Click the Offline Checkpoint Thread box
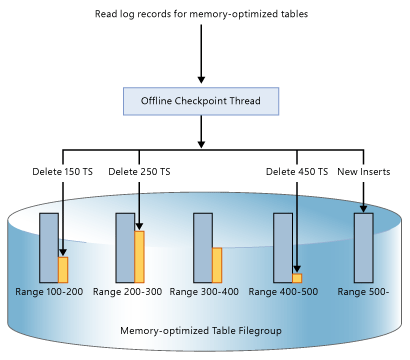[x=200, y=101]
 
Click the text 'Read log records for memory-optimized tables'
[x=201, y=15]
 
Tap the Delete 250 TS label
[x=139, y=172]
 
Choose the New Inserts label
[x=362, y=172]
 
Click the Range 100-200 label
[x=50, y=291]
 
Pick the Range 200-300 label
[x=127, y=291]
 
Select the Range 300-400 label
[x=204, y=291]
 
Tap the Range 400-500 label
[x=282, y=291]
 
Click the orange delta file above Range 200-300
[x=139, y=257]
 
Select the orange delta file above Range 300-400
[x=216, y=265]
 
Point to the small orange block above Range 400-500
[x=296, y=278]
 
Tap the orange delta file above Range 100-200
[x=62, y=269]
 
